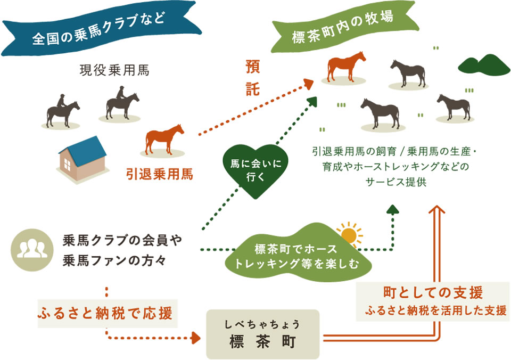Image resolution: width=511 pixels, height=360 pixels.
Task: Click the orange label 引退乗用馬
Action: click(160, 174)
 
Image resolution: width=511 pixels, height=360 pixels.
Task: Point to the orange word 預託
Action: click(252, 78)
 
